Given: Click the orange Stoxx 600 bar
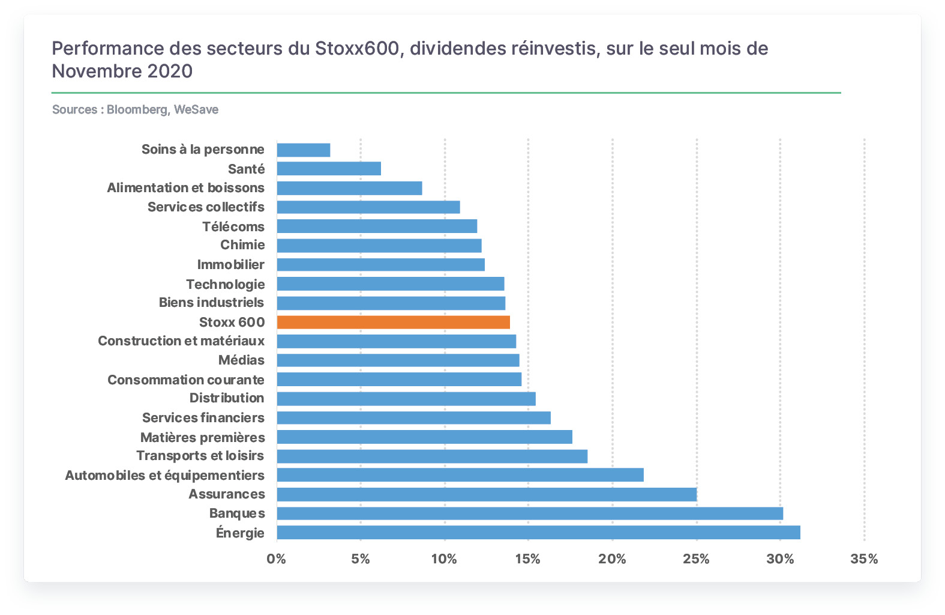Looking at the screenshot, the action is pos(393,323).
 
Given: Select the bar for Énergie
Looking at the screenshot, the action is pos(539,532).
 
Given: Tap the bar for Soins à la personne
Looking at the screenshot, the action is pos(304,150).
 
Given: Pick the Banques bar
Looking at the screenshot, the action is pos(530,514).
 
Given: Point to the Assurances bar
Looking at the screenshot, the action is pos(487,494).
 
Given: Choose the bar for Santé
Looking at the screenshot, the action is pos(329,169).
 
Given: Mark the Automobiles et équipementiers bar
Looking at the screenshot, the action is pos(460,475).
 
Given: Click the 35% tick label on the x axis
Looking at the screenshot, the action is pos(864,559).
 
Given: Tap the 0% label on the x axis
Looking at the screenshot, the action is pos(277,559).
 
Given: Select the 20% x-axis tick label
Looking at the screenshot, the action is pos(612,559).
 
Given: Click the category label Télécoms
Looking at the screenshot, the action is pos(233,226).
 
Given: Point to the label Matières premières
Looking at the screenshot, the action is pos(203,437).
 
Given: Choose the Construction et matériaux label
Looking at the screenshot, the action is pos(181,341).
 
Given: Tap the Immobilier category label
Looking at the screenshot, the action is pos(231,264).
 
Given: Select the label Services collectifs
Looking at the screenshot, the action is pos(206,207).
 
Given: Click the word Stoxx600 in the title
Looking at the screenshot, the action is pos(357,48).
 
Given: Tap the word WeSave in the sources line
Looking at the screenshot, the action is pos(196,109).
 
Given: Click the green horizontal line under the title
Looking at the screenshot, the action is pos(446,92).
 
